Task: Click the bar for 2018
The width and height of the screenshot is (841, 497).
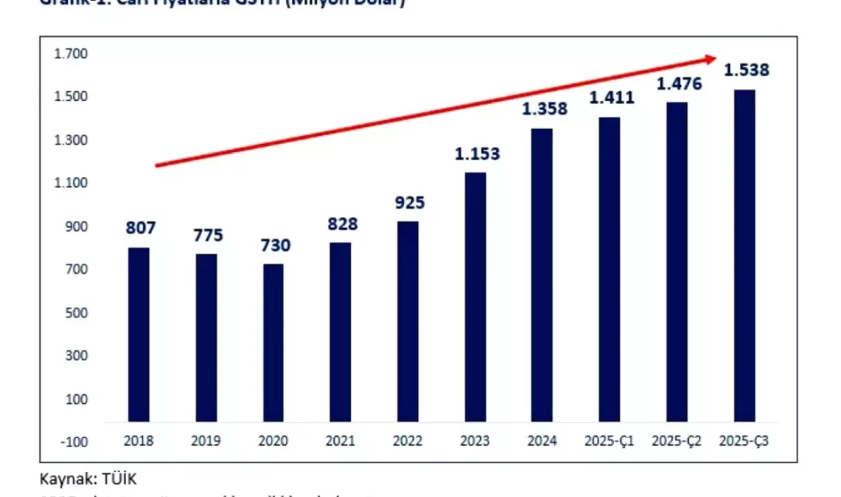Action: pos(138,334)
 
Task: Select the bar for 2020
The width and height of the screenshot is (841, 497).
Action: pos(273,343)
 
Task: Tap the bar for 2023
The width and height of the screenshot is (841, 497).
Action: pos(475,297)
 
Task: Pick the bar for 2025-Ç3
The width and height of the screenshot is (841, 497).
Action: pos(744,255)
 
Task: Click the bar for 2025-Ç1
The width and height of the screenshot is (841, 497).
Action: pos(609,269)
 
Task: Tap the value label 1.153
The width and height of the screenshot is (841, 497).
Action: pos(477,154)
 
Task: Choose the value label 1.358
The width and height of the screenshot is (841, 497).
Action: pos(544,109)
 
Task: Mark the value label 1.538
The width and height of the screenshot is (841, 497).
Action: pos(746,70)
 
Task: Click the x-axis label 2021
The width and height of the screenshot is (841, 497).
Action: pos(340,441)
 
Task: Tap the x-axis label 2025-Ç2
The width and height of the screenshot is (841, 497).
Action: pos(677,441)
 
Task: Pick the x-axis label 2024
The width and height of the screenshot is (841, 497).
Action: pos(542,441)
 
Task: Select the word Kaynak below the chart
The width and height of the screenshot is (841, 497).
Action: pos(64,479)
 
